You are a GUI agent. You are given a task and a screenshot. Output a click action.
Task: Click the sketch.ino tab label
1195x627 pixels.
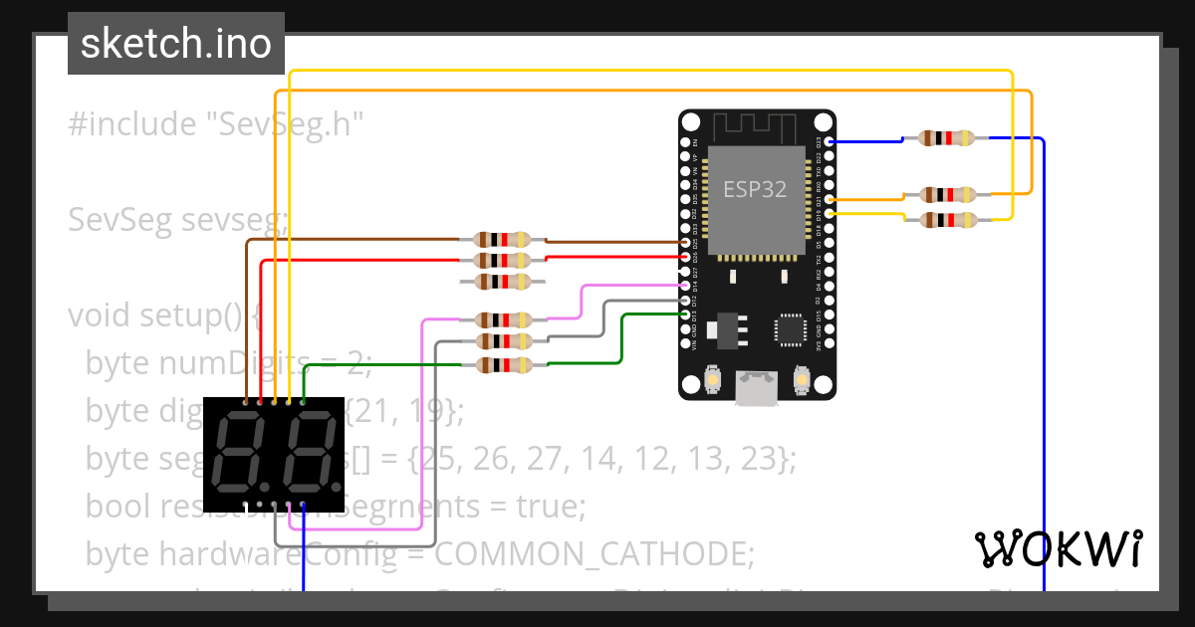[x=175, y=44]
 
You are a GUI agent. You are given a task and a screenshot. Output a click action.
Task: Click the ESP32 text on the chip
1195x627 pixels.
[x=754, y=190]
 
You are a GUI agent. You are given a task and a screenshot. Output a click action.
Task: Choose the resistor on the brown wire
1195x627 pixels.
[x=503, y=240]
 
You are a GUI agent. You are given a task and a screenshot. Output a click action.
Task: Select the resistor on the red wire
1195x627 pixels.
[x=503, y=261]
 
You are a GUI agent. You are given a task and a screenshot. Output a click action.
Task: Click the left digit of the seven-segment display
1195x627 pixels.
[x=244, y=454]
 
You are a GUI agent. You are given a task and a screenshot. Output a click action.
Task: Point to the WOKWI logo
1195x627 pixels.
[x=1058, y=548]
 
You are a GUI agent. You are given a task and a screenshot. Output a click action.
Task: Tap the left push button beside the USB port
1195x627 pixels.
[x=713, y=379]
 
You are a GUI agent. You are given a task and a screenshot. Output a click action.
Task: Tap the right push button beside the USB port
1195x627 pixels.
[x=801, y=379]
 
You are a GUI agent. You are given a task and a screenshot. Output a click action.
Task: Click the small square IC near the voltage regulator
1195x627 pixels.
[x=791, y=330]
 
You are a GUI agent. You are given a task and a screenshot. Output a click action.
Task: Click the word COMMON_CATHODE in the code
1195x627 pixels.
[x=595, y=552]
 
